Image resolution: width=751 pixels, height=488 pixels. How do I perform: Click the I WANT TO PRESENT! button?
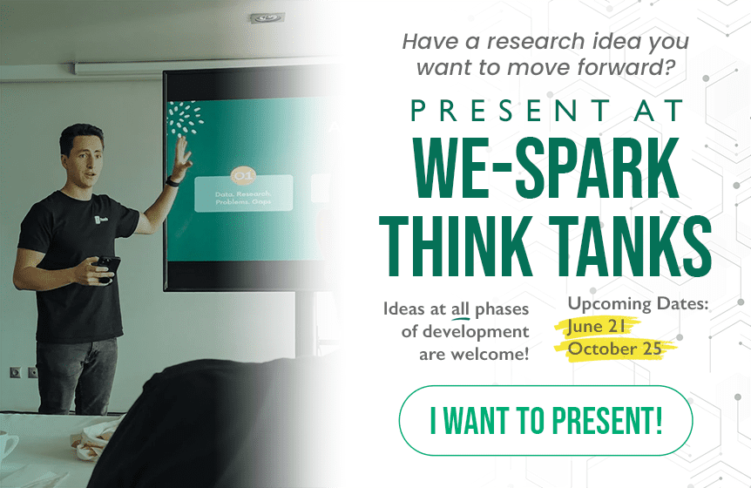click(545, 421)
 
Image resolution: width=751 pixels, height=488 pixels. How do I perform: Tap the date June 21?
click(596, 326)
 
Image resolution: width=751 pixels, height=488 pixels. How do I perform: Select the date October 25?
click(614, 349)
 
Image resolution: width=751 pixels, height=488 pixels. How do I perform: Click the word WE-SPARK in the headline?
click(546, 168)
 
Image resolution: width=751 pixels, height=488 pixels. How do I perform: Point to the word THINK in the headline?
click(458, 246)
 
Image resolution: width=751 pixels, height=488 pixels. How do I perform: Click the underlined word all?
click(460, 308)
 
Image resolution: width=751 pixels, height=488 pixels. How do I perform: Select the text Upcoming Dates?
click(638, 303)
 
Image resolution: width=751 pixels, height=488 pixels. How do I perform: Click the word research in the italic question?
click(536, 41)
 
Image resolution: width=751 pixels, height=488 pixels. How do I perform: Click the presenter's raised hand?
click(182, 156)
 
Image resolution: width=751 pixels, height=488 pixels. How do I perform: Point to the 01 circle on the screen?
click(243, 177)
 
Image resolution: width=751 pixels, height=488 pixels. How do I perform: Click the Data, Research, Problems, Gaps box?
click(243, 193)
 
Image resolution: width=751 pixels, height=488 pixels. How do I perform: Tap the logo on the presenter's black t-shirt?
click(102, 220)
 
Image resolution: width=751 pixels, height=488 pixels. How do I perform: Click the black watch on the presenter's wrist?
click(173, 181)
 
